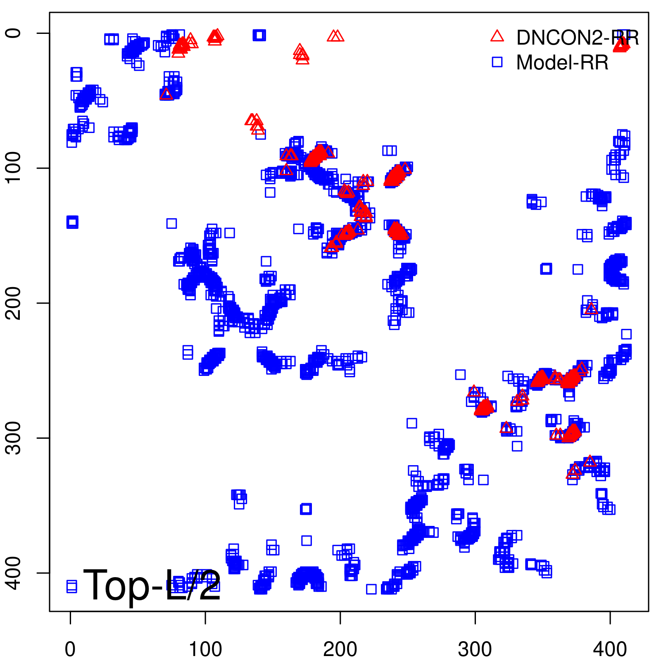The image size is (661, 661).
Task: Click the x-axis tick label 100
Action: (x=205, y=649)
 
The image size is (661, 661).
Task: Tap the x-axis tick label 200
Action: (x=340, y=649)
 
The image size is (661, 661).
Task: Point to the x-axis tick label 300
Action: (x=475, y=649)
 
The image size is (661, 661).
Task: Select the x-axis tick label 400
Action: (x=610, y=649)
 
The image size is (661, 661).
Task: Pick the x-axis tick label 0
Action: (x=70, y=649)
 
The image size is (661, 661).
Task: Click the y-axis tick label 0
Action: (x=13, y=33)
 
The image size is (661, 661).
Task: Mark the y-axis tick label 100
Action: (x=13, y=168)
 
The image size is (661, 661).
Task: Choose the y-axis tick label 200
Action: (x=13, y=303)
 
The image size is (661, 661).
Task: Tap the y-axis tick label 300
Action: (x=13, y=438)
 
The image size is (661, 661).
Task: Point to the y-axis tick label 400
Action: (x=13, y=573)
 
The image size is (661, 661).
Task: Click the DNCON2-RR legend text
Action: (x=578, y=38)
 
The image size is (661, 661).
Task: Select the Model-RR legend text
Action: (x=562, y=63)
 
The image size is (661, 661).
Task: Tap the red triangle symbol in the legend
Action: (x=497, y=36)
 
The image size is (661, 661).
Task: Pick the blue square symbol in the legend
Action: (x=497, y=62)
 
